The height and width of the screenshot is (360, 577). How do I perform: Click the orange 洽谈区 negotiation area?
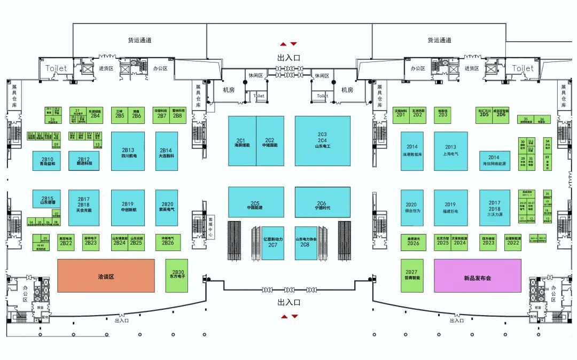(x=106, y=276)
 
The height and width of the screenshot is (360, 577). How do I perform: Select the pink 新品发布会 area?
(x=477, y=276)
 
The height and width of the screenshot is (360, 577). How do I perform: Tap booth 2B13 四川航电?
(x=128, y=151)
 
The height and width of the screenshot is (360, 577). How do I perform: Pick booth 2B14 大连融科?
(x=166, y=151)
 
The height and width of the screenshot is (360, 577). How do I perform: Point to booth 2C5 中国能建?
(x=256, y=202)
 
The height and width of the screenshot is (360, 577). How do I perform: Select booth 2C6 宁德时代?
(x=322, y=202)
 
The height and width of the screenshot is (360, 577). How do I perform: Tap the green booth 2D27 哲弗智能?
(x=415, y=276)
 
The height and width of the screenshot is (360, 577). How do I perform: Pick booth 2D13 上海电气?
(x=450, y=151)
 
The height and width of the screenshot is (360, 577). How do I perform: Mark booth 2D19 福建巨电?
(x=450, y=208)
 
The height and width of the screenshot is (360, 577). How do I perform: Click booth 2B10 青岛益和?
(x=46, y=161)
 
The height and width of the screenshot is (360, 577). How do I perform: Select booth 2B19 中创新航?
(x=128, y=208)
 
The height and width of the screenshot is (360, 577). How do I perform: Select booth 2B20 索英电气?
(x=167, y=208)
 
